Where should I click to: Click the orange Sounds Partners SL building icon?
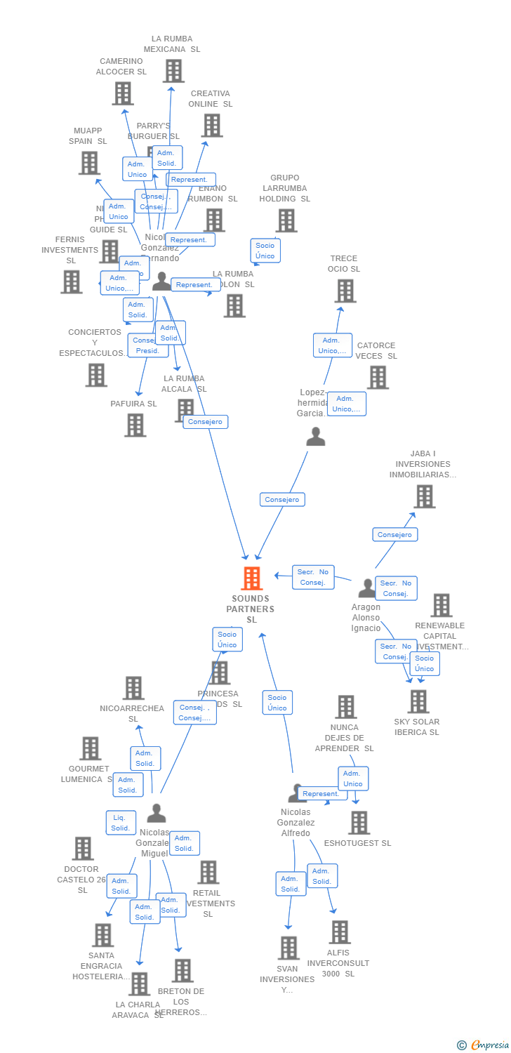(251, 578)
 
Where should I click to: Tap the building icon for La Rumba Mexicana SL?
(173, 71)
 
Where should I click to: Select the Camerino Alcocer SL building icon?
(123, 93)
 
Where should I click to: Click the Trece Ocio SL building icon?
(345, 291)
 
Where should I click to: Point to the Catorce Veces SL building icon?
(378, 378)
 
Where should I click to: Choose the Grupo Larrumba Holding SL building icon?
(286, 220)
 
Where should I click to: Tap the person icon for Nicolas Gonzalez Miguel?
(157, 814)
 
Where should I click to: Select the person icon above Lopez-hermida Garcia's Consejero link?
(316, 437)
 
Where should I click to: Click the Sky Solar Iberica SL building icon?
(418, 701)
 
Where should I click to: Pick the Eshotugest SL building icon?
(359, 823)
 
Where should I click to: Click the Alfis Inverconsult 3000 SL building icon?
(340, 932)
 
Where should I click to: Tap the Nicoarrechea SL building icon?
(133, 688)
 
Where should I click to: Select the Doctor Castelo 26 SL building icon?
(83, 849)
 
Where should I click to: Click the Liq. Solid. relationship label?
(120, 823)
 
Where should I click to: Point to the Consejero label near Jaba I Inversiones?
(394, 535)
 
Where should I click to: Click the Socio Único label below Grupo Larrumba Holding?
(265, 251)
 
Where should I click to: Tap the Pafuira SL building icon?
(135, 425)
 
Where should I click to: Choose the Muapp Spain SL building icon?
(89, 163)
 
